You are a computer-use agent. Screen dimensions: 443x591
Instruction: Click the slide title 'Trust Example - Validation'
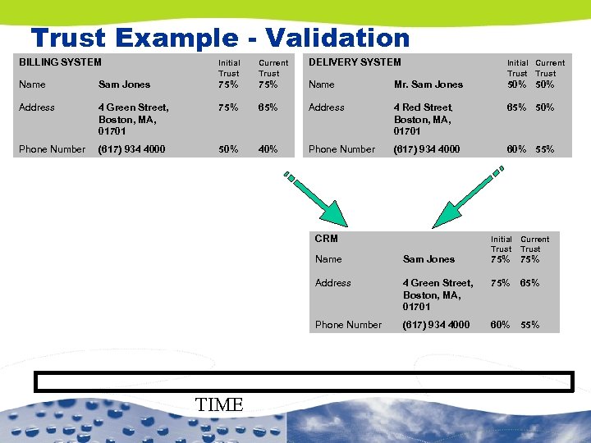pos(219,38)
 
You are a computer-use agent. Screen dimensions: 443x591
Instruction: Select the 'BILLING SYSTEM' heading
pos(60,62)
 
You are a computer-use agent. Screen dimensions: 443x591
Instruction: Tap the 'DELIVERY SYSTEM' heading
pos(355,62)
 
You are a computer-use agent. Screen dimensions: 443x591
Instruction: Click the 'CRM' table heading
pos(327,239)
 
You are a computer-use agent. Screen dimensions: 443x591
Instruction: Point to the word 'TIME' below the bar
pos(220,404)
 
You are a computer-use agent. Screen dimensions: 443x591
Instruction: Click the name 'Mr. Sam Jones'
pos(428,84)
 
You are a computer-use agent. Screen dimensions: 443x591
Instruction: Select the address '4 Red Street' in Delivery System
pos(424,107)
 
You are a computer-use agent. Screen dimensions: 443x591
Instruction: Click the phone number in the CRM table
pos(436,325)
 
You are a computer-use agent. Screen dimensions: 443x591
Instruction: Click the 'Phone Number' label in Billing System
pos(52,149)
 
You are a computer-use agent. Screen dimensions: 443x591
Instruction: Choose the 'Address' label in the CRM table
pos(332,283)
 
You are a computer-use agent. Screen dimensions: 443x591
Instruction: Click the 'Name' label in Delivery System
pos(321,84)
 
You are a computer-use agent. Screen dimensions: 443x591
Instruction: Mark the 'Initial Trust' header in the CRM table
pos(501,244)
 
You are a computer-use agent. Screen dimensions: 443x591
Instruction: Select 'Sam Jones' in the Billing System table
pos(124,84)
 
